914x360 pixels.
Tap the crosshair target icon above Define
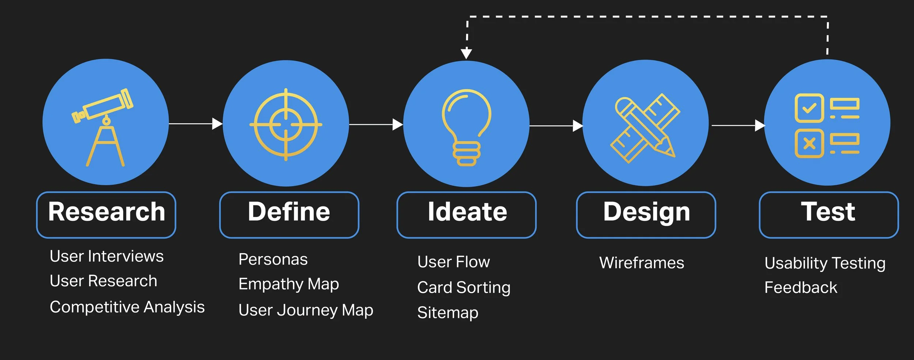(x=286, y=124)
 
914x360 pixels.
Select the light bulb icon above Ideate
(x=466, y=126)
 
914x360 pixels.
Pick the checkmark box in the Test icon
(x=809, y=108)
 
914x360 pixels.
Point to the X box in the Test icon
(x=809, y=143)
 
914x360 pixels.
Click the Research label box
(x=106, y=215)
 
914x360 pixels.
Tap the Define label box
(x=289, y=215)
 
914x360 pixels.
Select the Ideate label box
(x=467, y=215)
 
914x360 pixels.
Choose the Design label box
(x=646, y=215)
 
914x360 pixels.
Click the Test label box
(x=828, y=215)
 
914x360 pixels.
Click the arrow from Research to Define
(x=196, y=124)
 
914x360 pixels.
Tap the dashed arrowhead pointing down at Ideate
(x=466, y=54)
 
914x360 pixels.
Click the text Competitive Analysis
(x=127, y=307)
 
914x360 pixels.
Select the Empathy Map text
(x=288, y=284)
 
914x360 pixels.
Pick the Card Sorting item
(x=464, y=288)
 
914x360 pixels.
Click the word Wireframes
(x=642, y=263)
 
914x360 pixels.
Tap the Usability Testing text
(x=825, y=263)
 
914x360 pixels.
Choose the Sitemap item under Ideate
(x=447, y=313)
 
